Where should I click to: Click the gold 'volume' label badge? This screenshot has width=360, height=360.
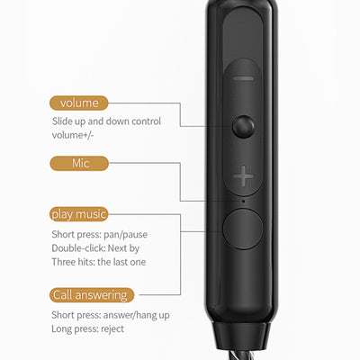[79, 103]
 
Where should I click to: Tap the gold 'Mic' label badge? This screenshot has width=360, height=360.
[79, 163]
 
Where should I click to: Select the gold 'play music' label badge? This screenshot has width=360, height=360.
[79, 214]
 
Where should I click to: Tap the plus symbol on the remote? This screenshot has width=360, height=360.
[242, 176]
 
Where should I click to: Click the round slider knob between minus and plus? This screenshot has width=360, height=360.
[242, 126]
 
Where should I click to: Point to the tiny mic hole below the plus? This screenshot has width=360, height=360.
[242, 200]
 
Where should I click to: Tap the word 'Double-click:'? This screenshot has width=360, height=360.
[80, 247]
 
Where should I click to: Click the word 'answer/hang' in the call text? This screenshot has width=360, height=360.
[133, 314]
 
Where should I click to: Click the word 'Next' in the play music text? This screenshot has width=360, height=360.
[121, 247]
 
